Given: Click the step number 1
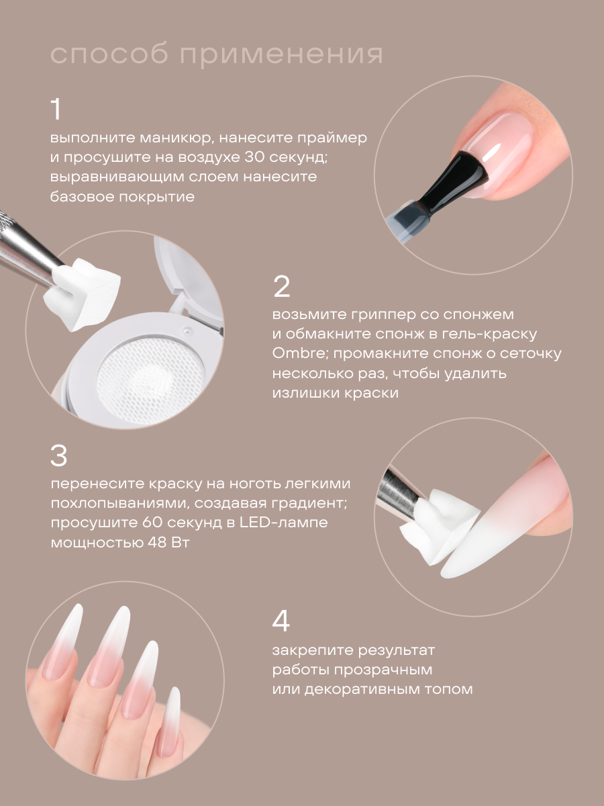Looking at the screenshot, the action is (x=56, y=109).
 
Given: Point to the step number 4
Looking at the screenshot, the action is (x=281, y=621).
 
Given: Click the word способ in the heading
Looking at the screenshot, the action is (x=109, y=54).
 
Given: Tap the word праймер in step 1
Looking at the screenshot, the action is (x=332, y=139).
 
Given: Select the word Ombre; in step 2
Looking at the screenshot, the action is (x=299, y=353).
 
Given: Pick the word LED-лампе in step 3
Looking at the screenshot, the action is (x=283, y=523).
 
